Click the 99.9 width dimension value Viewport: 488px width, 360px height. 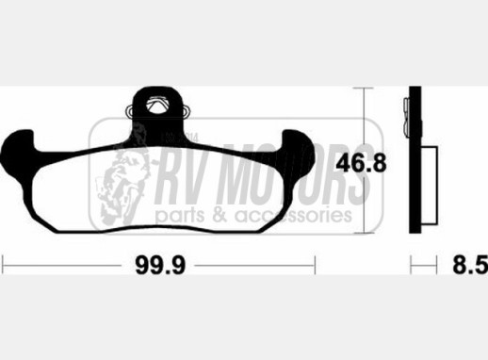tap(160, 266)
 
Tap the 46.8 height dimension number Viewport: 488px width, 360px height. tap(361, 163)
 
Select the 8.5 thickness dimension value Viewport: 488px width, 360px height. tap(470, 265)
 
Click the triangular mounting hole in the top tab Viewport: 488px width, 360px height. tap(157, 104)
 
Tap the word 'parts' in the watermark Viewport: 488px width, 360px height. tap(181, 216)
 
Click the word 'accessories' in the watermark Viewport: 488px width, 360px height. tap(293, 215)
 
